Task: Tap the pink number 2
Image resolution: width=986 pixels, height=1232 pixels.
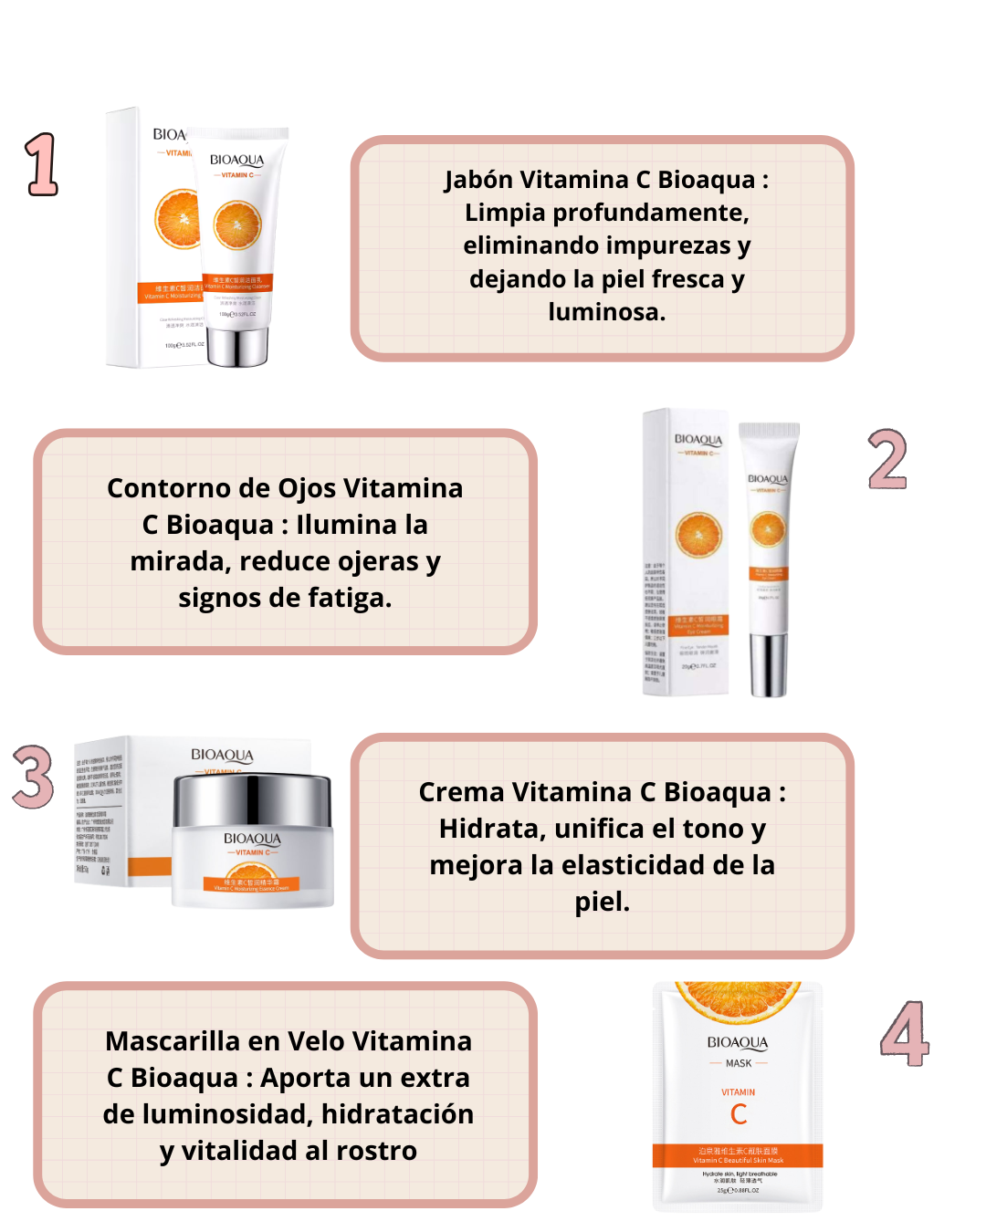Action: pyautogui.click(x=886, y=459)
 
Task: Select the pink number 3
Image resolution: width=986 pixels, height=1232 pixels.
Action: pyautogui.click(x=34, y=777)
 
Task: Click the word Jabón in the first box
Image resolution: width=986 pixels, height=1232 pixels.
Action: pyautogui.click(x=478, y=180)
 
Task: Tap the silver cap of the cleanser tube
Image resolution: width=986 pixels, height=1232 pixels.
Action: pyautogui.click(x=237, y=346)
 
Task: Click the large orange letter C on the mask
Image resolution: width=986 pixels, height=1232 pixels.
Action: pyautogui.click(x=739, y=1114)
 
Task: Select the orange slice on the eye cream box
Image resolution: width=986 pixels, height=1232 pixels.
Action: pyautogui.click(x=698, y=535)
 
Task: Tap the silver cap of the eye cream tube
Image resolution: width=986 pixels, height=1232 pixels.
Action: pyautogui.click(x=768, y=663)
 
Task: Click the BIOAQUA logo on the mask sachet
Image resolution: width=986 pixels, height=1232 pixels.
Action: pyautogui.click(x=738, y=1042)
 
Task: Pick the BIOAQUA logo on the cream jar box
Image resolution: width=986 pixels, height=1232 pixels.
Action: pyautogui.click(x=222, y=755)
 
